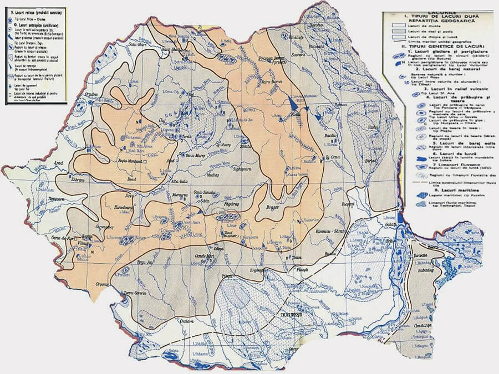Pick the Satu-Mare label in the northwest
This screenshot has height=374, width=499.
(136, 40)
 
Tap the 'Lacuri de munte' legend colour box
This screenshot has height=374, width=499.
(398, 25)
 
